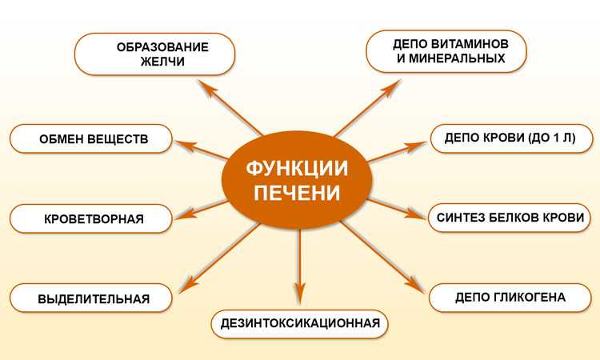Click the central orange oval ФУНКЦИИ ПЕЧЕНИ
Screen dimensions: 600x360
click(297, 180)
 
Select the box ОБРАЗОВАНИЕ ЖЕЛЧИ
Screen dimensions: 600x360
click(154, 54)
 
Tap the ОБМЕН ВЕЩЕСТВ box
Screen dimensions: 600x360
click(91, 138)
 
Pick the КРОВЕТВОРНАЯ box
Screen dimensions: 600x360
click(91, 218)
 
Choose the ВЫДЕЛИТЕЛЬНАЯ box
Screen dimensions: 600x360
click(91, 298)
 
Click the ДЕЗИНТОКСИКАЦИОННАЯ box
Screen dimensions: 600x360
click(300, 324)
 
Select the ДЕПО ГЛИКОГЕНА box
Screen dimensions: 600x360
click(510, 298)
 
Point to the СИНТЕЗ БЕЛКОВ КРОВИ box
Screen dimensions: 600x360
click(510, 218)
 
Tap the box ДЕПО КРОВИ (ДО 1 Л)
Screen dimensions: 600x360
click(512, 138)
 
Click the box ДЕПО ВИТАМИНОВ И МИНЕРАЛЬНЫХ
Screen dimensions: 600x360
click(446, 51)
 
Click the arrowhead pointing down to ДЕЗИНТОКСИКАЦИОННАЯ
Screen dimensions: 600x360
click(300, 294)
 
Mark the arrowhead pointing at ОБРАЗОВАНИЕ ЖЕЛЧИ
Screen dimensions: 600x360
click(206, 88)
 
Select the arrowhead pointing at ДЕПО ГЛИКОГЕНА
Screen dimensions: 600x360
click(415, 286)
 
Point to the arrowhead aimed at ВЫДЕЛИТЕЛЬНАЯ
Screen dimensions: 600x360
click(188, 286)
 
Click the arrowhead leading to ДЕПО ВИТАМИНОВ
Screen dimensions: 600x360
click(392, 88)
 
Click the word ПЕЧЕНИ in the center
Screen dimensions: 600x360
click(297, 193)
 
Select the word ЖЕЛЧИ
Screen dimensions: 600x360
click(162, 62)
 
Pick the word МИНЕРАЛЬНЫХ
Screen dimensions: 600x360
click(457, 58)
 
